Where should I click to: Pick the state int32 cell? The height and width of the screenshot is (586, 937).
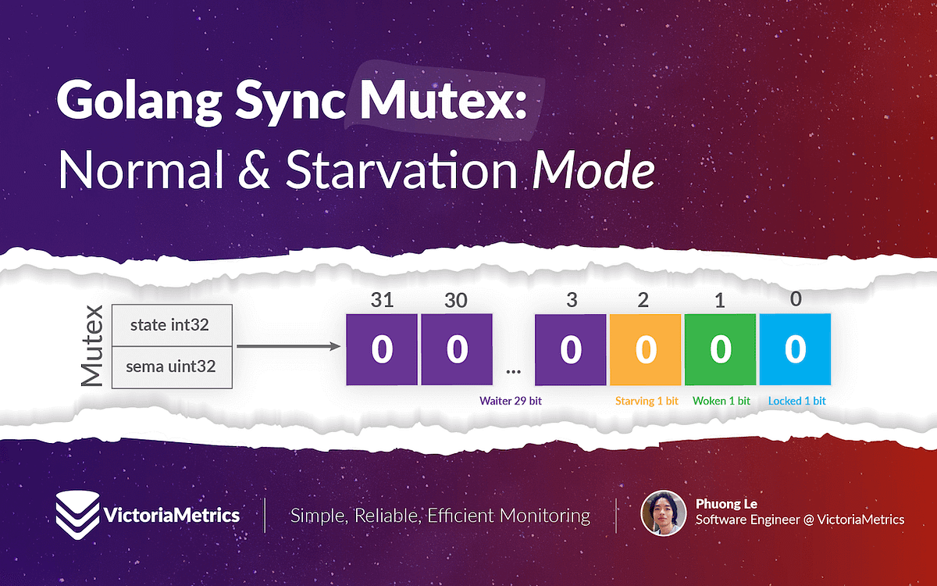point(173,324)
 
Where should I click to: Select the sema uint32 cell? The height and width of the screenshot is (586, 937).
point(173,366)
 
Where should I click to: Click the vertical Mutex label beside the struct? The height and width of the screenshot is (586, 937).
point(91,346)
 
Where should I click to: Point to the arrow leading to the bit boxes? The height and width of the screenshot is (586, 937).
point(288,346)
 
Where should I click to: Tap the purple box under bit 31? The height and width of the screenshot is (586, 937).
point(381,349)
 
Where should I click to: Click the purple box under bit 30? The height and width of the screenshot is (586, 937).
point(457,349)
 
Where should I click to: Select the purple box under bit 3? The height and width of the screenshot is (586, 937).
point(571,349)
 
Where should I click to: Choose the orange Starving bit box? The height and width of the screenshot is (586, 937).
point(645,349)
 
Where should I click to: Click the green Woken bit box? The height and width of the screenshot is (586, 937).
point(720,349)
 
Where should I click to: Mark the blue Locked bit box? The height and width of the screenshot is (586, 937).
point(795,349)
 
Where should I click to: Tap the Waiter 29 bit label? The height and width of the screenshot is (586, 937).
point(511,401)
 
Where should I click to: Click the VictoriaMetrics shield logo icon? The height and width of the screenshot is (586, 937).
point(77,513)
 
